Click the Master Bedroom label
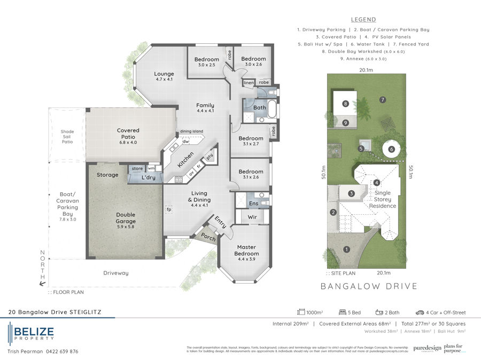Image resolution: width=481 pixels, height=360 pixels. tap(246, 251)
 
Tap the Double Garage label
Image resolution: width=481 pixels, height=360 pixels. tap(126, 218)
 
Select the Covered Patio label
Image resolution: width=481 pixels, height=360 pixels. tap(128, 134)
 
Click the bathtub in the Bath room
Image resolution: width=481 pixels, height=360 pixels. tap(272, 108)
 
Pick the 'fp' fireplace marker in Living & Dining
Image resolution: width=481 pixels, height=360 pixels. tap(169, 209)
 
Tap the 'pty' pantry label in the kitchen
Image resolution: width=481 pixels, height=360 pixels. tap(210, 156)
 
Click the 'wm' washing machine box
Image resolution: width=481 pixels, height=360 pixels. tap(151, 168)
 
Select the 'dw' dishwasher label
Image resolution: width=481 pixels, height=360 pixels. tap(185, 142)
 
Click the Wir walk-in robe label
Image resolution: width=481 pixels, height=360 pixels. tap(252, 217)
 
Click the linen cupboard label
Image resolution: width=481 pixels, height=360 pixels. tap(249, 83)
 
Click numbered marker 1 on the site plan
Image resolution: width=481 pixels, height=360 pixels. tap(346, 249)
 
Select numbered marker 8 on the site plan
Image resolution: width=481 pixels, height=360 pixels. tap(346, 104)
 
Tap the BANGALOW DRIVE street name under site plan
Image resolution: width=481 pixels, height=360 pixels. tap(369, 286)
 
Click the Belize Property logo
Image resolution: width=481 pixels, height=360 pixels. tap(31, 333)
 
